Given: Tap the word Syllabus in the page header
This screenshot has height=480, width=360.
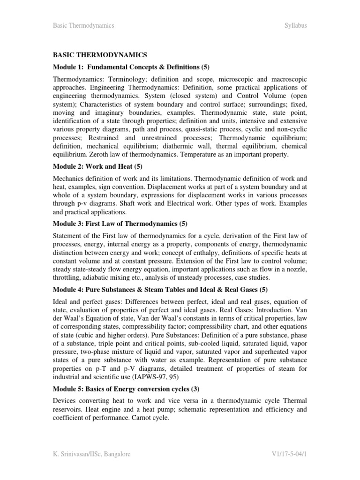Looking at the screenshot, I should (x=296, y=25).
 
